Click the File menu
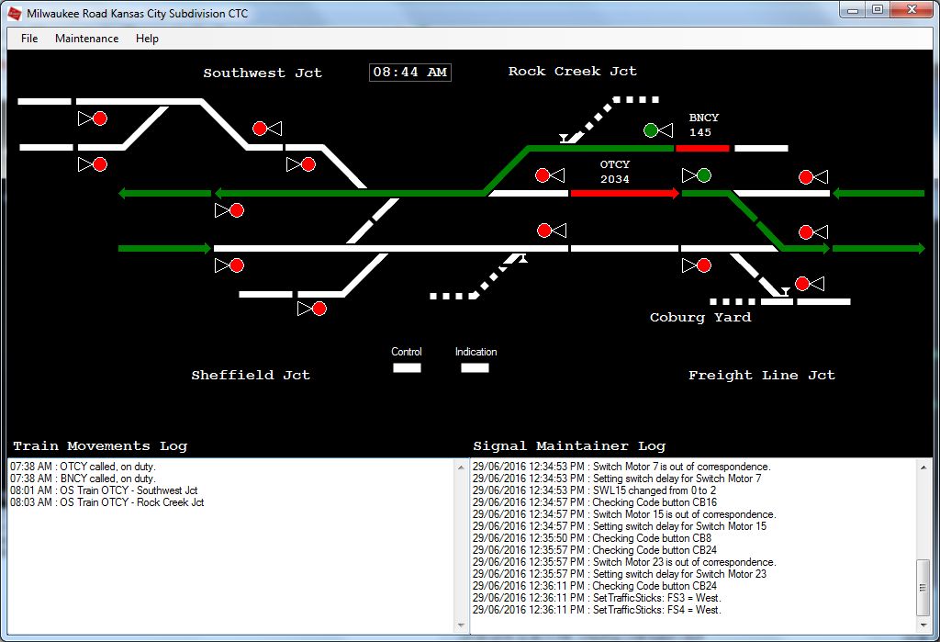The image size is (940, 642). (29, 39)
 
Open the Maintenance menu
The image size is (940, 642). (87, 39)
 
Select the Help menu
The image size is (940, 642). (147, 39)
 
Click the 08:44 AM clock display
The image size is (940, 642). (410, 72)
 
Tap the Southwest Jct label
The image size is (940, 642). (263, 73)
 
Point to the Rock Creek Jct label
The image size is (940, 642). (573, 72)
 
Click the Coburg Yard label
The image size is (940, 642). (700, 318)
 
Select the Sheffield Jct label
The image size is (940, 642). (251, 375)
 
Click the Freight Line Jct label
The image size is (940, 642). (761, 376)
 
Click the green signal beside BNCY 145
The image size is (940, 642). (651, 130)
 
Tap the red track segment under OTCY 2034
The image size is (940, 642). (624, 193)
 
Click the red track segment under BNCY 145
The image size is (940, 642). (702, 148)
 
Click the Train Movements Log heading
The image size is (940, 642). (100, 445)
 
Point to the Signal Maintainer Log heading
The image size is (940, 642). (569, 445)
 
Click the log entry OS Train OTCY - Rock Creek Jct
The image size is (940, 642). (106, 502)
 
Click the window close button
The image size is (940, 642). (912, 9)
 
